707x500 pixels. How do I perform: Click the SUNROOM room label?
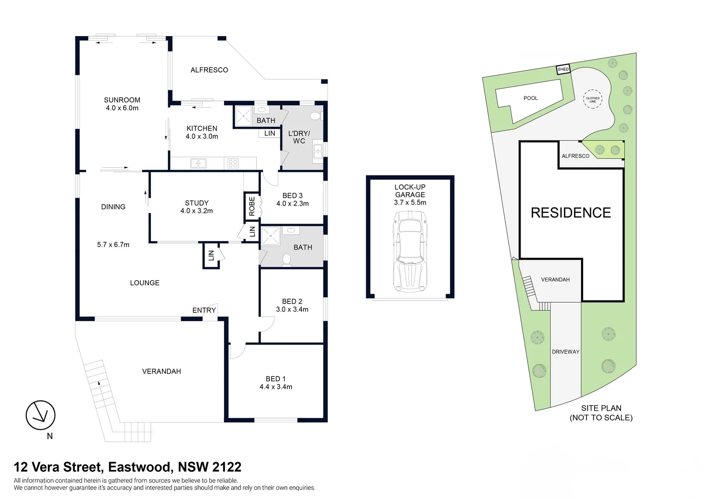coord(122,100)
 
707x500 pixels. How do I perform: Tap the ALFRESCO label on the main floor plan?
coord(209,70)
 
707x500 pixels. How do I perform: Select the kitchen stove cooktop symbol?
coord(233,163)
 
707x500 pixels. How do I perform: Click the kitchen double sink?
coord(198,163)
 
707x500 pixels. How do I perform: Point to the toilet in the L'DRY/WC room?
coord(316,116)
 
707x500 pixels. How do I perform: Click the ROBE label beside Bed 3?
coord(252,206)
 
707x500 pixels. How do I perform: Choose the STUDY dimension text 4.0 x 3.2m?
coord(197,211)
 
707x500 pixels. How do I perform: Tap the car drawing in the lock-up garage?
coord(410,251)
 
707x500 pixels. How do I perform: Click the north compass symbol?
coord(40,415)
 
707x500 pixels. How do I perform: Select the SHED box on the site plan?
coord(563,69)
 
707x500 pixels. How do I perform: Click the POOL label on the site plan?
coord(531,98)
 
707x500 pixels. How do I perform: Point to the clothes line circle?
coord(592,99)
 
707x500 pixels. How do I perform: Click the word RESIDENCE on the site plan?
coord(571,213)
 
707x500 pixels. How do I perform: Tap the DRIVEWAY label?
coord(565,352)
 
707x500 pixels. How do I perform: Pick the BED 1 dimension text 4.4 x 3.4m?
coord(276,387)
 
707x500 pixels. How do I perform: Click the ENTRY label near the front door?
coord(204,311)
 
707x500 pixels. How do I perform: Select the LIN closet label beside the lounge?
coord(211,255)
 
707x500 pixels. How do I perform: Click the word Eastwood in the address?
coord(140,467)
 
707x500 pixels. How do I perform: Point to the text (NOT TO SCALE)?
coord(601,418)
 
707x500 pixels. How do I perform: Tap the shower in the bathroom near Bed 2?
coord(271,236)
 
